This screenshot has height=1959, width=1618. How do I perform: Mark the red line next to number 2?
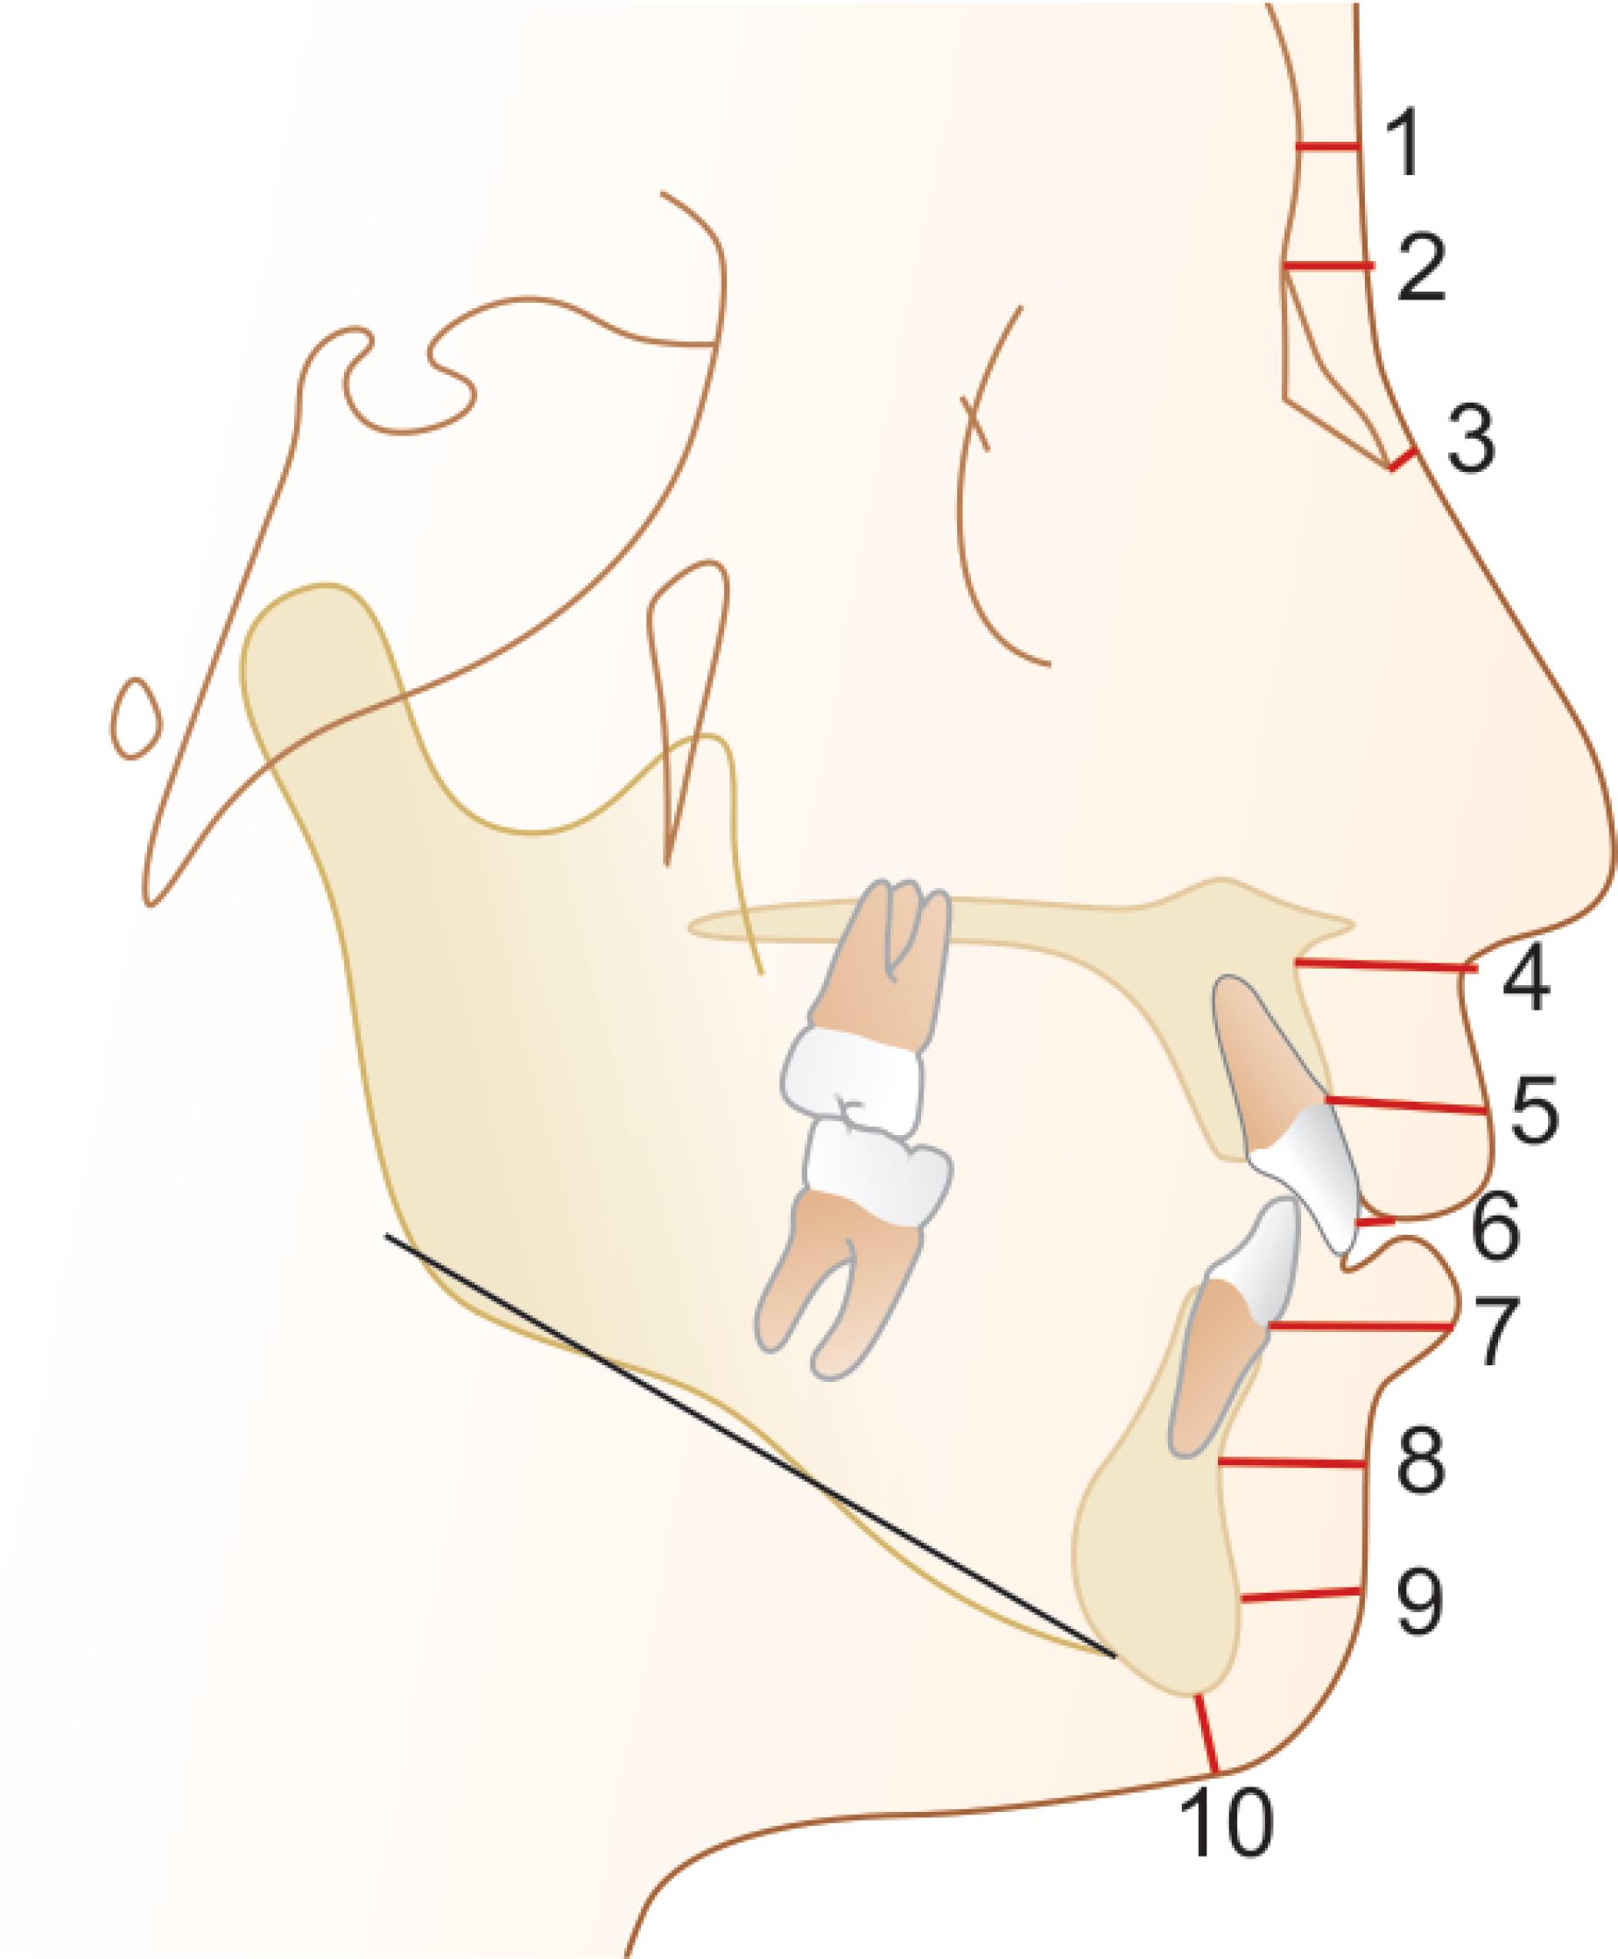click(1327, 267)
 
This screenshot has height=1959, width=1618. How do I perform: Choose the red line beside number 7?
click(1361, 1324)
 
